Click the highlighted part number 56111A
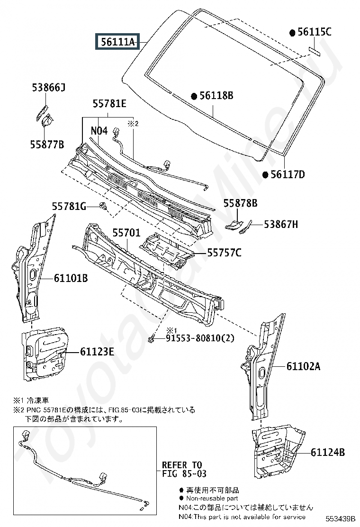(x=117, y=42)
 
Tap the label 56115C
(x=315, y=32)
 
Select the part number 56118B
(x=216, y=96)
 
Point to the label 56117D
(x=288, y=174)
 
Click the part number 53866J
(x=49, y=87)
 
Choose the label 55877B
(x=47, y=145)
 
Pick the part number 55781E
(x=109, y=103)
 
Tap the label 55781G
(x=69, y=206)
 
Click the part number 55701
(x=126, y=233)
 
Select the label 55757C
(x=224, y=253)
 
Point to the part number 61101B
(x=71, y=278)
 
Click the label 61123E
(x=97, y=352)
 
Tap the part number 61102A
(x=303, y=366)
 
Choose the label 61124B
(x=328, y=453)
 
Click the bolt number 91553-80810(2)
(x=200, y=338)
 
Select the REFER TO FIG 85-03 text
(x=184, y=470)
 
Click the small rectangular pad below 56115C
(x=315, y=51)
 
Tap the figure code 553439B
(x=340, y=519)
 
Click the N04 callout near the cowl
(x=99, y=130)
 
